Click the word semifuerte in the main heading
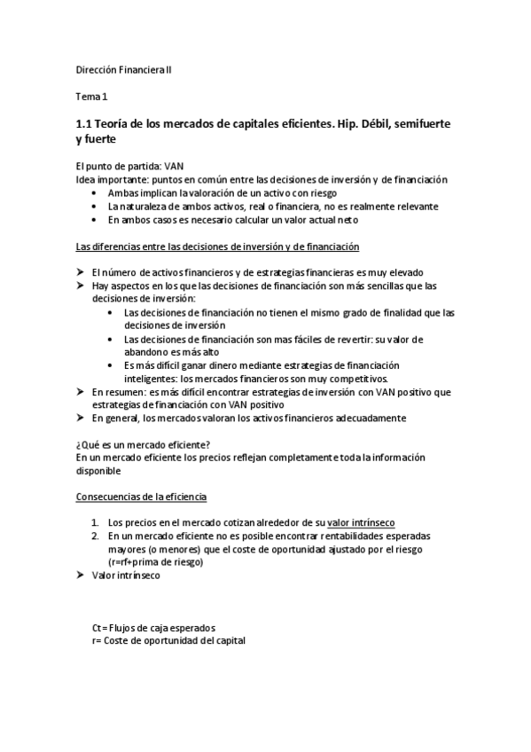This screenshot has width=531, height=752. [x=409, y=124]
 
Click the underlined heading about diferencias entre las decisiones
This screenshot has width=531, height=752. [x=218, y=246]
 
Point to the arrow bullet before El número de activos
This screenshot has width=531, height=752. [x=82, y=272]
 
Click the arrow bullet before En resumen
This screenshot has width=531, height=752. [x=82, y=391]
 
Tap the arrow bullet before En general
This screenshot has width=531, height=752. [x=82, y=417]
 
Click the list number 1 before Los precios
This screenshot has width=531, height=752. [x=96, y=522]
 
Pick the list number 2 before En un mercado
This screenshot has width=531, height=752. [x=96, y=536]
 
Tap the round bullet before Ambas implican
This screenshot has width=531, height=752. [x=96, y=192]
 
